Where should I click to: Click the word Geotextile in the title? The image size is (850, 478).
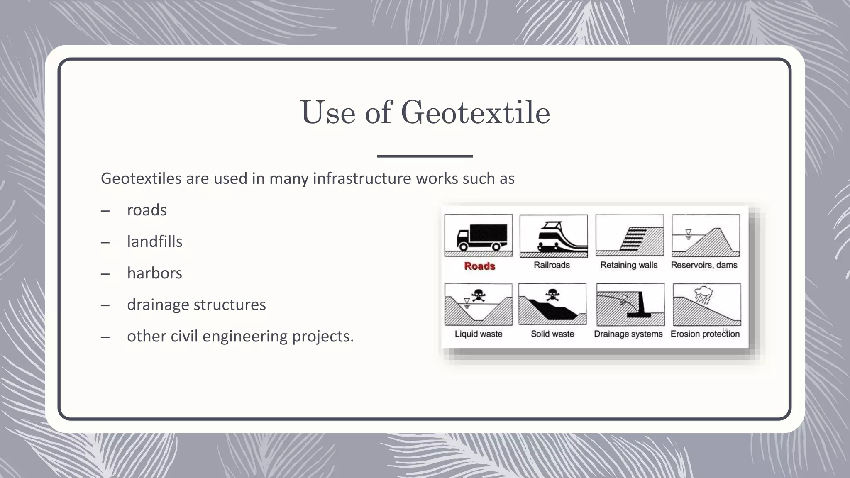[475, 112]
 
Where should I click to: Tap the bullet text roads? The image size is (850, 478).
[147, 210]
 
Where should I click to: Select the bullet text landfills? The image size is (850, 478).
[154, 241]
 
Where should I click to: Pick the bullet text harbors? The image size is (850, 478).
[154, 273]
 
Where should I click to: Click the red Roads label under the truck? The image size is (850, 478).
[479, 266]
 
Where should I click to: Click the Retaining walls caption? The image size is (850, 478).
[629, 265]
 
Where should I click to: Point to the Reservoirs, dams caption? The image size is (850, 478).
[704, 265]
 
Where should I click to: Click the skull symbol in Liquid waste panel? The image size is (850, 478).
[479, 295]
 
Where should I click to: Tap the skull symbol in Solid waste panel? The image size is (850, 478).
[552, 295]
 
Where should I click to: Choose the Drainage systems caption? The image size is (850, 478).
[628, 334]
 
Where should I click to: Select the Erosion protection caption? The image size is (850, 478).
[705, 334]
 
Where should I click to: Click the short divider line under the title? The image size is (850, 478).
[425, 156]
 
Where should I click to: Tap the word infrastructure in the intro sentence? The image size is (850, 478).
[361, 178]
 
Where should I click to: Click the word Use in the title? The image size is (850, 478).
[327, 112]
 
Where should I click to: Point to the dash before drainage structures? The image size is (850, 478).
[105, 305]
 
